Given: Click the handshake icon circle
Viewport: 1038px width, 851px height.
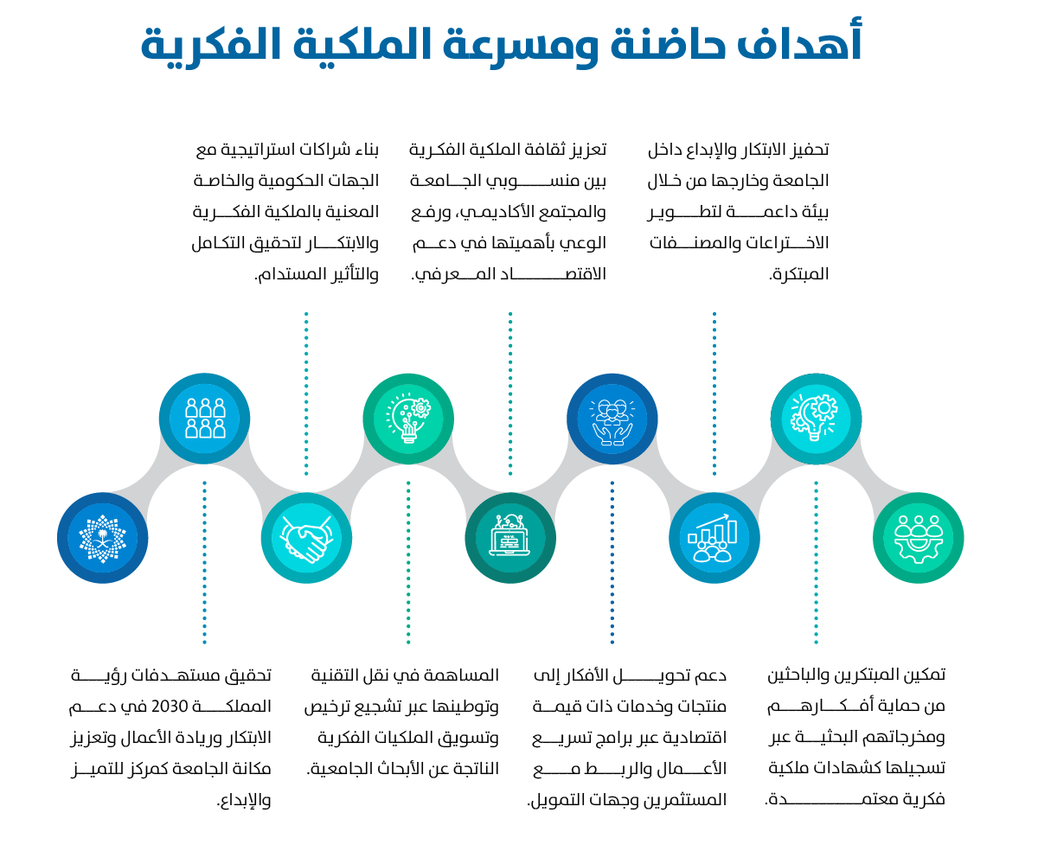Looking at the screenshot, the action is (306, 538).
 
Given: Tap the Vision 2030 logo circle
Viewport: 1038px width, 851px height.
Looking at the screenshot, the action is (102, 538).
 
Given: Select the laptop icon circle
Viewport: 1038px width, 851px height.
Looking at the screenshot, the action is (510, 538).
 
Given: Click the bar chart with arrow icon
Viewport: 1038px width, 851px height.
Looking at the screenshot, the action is (714, 538).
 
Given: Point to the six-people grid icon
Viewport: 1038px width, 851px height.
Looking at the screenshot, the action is (205, 419).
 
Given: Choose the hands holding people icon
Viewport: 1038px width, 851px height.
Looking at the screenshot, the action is (612, 422).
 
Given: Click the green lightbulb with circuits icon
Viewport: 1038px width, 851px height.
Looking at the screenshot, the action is (408, 419).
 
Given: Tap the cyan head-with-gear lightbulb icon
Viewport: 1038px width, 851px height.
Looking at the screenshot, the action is (816, 418).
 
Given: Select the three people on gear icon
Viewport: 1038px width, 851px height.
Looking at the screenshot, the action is (919, 539).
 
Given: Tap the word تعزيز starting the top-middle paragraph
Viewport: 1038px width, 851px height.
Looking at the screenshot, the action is (588, 149).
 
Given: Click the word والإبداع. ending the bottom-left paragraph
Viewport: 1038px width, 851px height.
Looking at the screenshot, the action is (244, 800).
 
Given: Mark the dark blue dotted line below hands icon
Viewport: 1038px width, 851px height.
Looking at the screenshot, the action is (612, 562).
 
